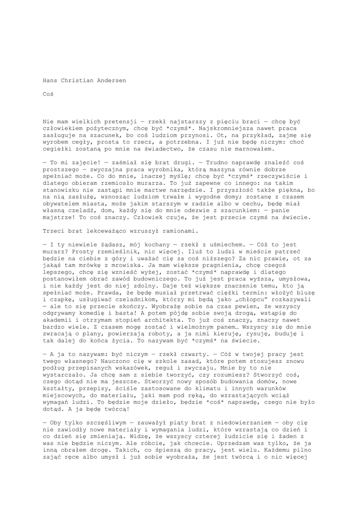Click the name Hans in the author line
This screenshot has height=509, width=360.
[50, 80]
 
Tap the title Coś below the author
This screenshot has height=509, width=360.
[48, 93]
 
